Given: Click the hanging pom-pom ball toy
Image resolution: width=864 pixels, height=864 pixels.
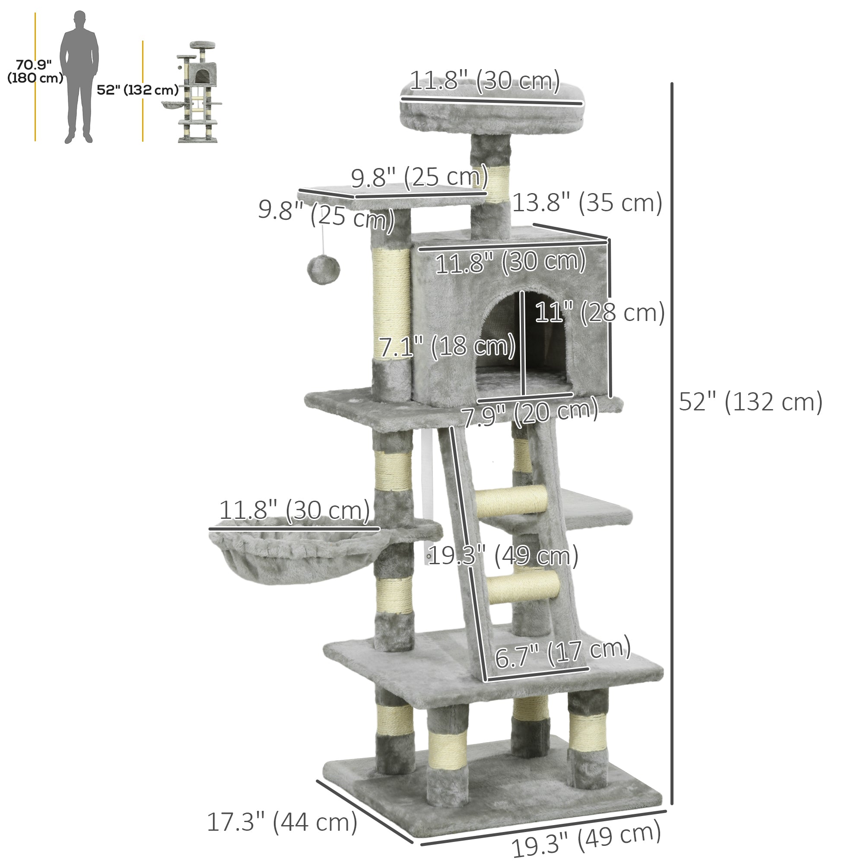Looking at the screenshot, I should [323, 269].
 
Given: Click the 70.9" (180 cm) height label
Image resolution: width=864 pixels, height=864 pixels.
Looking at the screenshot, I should [35, 71].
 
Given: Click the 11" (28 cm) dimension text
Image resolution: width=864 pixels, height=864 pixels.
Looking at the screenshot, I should [599, 312].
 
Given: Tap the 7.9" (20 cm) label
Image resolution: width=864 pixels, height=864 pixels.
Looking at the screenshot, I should [530, 412].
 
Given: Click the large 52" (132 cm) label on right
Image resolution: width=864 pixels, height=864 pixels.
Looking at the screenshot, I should [750, 402].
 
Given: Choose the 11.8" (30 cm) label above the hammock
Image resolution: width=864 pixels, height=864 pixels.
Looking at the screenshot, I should [294, 510].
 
